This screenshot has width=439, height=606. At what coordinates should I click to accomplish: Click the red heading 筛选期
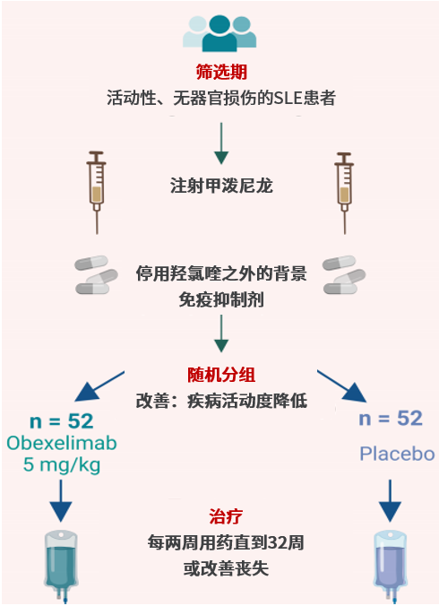pos(221,72)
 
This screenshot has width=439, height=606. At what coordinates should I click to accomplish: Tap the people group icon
pos(219,34)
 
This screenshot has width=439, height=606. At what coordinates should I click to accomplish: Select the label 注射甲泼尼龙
pos(221,186)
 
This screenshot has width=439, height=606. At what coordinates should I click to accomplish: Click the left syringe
pos(97,192)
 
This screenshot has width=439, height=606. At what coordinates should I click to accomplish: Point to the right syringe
pos(344,192)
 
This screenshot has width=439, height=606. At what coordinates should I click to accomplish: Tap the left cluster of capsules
pos(96,275)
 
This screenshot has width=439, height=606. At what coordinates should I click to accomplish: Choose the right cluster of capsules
pos(344,275)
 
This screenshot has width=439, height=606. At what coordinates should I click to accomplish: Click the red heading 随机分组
pos(221,375)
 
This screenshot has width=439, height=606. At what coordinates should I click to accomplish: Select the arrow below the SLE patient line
pos(221,143)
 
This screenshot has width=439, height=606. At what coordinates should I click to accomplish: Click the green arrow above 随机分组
pos(221,333)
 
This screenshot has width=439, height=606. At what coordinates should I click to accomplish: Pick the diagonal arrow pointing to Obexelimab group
pos(99,386)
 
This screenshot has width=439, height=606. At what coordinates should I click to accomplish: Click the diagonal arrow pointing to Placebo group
pos(342,386)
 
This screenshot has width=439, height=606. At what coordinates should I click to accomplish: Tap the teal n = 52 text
pos(62,421)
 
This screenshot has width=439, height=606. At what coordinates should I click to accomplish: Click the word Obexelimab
pos(62,443)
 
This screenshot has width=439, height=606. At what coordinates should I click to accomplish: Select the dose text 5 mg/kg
pos(62,464)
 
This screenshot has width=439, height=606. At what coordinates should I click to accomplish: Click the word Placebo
pos(397,454)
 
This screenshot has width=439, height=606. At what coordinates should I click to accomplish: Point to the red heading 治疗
pos(226,516)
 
